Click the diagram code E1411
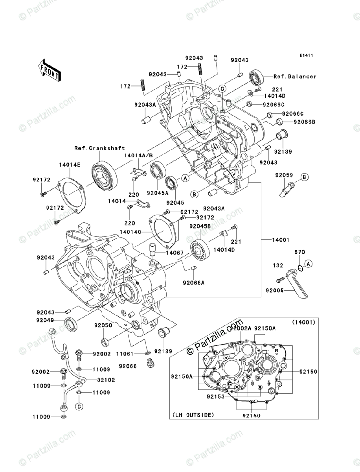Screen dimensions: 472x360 click(x=305, y=55)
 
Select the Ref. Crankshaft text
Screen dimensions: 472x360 click(x=99, y=148)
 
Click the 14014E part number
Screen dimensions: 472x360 click(x=70, y=166)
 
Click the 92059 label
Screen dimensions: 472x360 click(x=284, y=175)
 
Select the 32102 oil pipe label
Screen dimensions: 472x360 click(x=102, y=380)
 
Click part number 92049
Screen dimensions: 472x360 click(x=46, y=321)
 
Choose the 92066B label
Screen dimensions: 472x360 click(x=305, y=122)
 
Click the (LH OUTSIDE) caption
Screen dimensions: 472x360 click(x=193, y=415)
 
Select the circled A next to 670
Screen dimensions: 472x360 click(x=309, y=264)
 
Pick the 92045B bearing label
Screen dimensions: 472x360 click(x=200, y=226)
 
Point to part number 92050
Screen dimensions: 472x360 click(x=103, y=326)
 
